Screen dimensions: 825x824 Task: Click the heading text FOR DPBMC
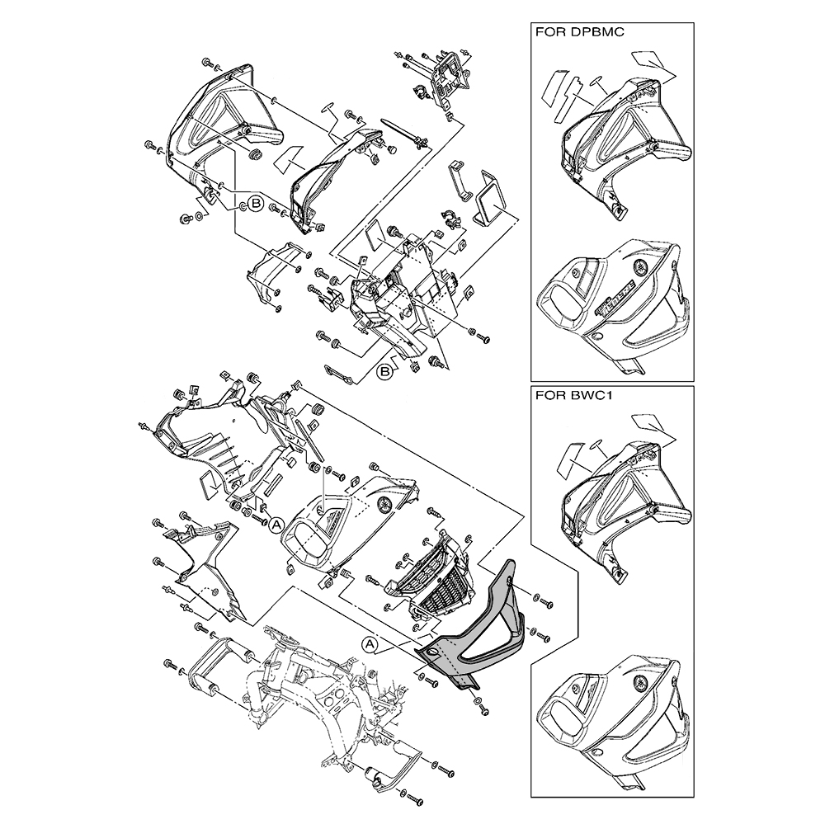pyautogui.click(x=579, y=31)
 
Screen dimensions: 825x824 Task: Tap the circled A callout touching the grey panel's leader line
pyautogui.click(x=370, y=643)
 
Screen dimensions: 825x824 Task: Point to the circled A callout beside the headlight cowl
pyautogui.click(x=276, y=524)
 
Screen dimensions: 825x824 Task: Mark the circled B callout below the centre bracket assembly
pyautogui.click(x=384, y=371)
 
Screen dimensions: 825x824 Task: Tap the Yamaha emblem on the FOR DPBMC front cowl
pyautogui.click(x=642, y=266)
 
